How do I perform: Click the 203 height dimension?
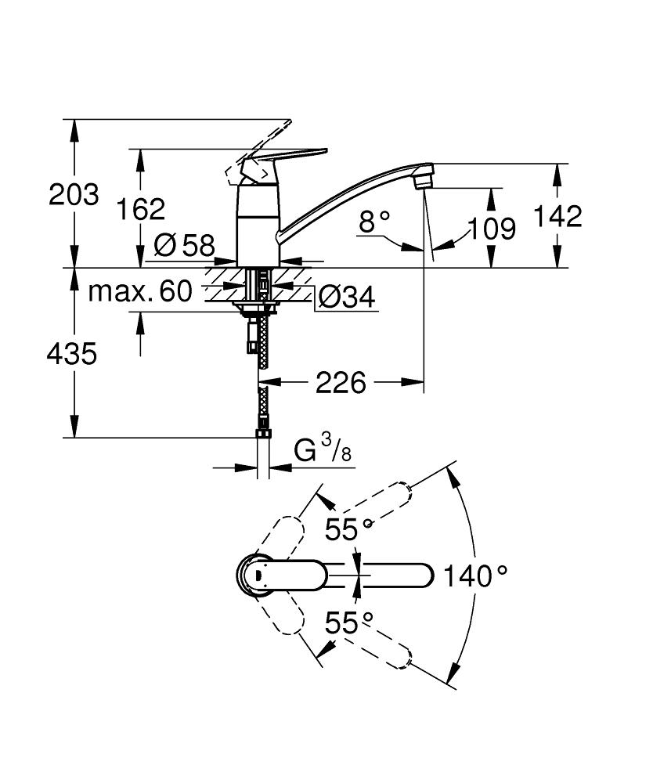click(74, 193)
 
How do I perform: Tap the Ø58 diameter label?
click(184, 246)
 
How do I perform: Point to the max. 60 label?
click(139, 292)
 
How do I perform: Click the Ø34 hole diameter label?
click(346, 296)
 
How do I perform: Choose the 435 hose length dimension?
click(71, 354)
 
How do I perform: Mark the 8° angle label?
click(374, 222)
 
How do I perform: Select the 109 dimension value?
click(492, 229)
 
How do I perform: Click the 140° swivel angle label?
click(475, 577)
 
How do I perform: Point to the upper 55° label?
click(348, 530)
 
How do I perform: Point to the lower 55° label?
click(348, 624)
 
